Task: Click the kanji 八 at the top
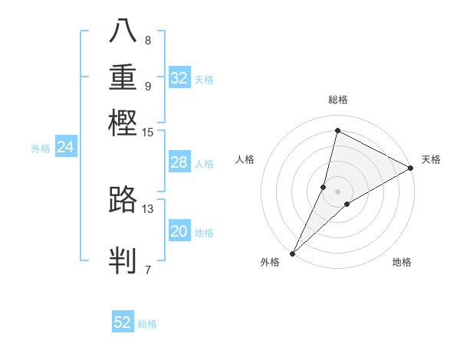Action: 123,31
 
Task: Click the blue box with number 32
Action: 179,78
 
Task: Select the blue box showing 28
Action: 179,162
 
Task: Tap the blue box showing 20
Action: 179,232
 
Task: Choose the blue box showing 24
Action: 65,148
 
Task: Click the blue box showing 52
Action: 123,322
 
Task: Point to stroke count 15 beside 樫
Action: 148,133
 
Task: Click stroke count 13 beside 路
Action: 148,208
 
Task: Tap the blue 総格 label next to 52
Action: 147,324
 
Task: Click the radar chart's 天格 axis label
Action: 431,159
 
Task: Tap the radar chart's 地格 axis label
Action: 402,263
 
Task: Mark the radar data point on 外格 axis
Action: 292,254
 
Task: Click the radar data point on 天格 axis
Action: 411,168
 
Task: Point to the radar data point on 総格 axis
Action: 337,130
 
